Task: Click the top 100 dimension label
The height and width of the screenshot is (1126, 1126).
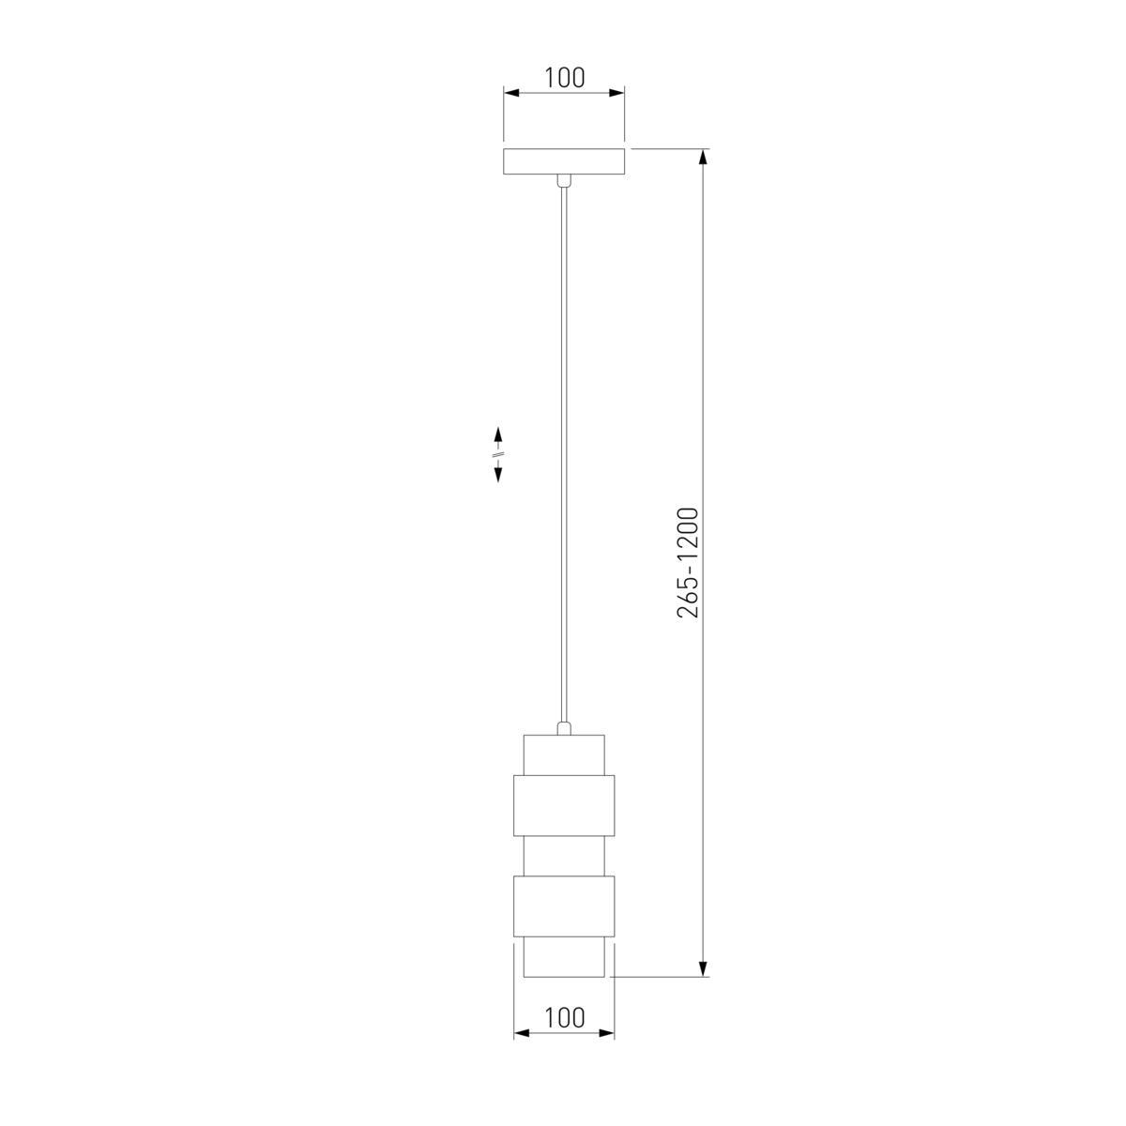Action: click(x=564, y=78)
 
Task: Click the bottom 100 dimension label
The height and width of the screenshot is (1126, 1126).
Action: click(x=564, y=1018)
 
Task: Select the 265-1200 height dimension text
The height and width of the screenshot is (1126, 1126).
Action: click(x=688, y=563)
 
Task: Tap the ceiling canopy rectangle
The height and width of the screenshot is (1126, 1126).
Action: click(x=564, y=161)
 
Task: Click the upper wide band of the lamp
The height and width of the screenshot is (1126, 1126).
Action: click(x=564, y=805)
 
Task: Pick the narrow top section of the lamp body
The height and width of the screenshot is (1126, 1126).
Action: click(x=564, y=755)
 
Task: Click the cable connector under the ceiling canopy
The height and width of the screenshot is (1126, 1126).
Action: click(x=563, y=180)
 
